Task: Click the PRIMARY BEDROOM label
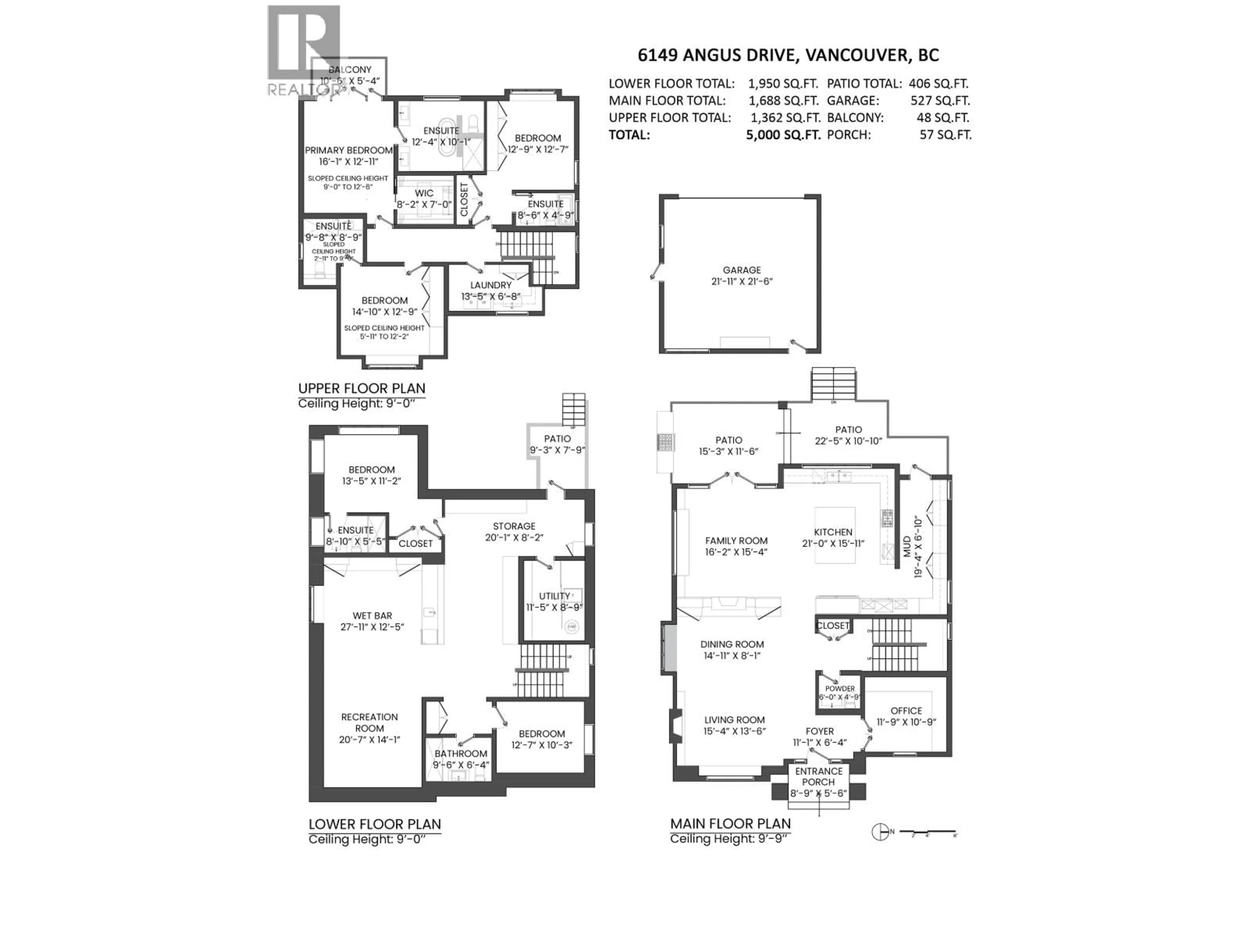pos(348,150)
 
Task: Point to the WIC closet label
pos(424,193)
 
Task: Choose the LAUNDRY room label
pos(490,285)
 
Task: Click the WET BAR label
pos(372,616)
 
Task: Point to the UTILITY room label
pos(554,596)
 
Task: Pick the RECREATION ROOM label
pos(369,722)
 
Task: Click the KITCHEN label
pos(833,532)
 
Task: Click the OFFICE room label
pos(906,711)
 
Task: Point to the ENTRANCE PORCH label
pos(818,777)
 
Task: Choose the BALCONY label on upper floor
pos(350,70)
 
